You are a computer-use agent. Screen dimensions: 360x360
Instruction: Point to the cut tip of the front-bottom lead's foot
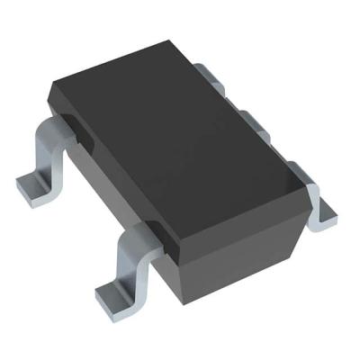tap(102, 298)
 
